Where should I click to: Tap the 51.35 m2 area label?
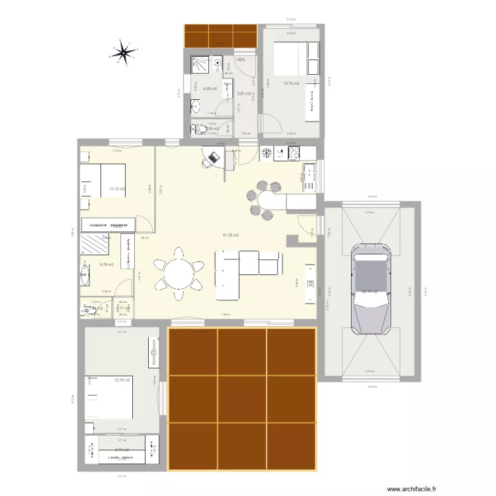(231, 235)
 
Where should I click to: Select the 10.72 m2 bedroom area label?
(291, 84)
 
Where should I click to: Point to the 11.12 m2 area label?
(117, 189)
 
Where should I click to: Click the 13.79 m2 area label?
(122, 380)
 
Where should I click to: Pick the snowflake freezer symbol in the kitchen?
(267, 153)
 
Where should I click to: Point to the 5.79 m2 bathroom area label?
(106, 265)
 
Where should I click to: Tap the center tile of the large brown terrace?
(242, 399)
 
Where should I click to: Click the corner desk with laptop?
(215, 159)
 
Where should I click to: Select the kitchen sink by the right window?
(308, 176)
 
